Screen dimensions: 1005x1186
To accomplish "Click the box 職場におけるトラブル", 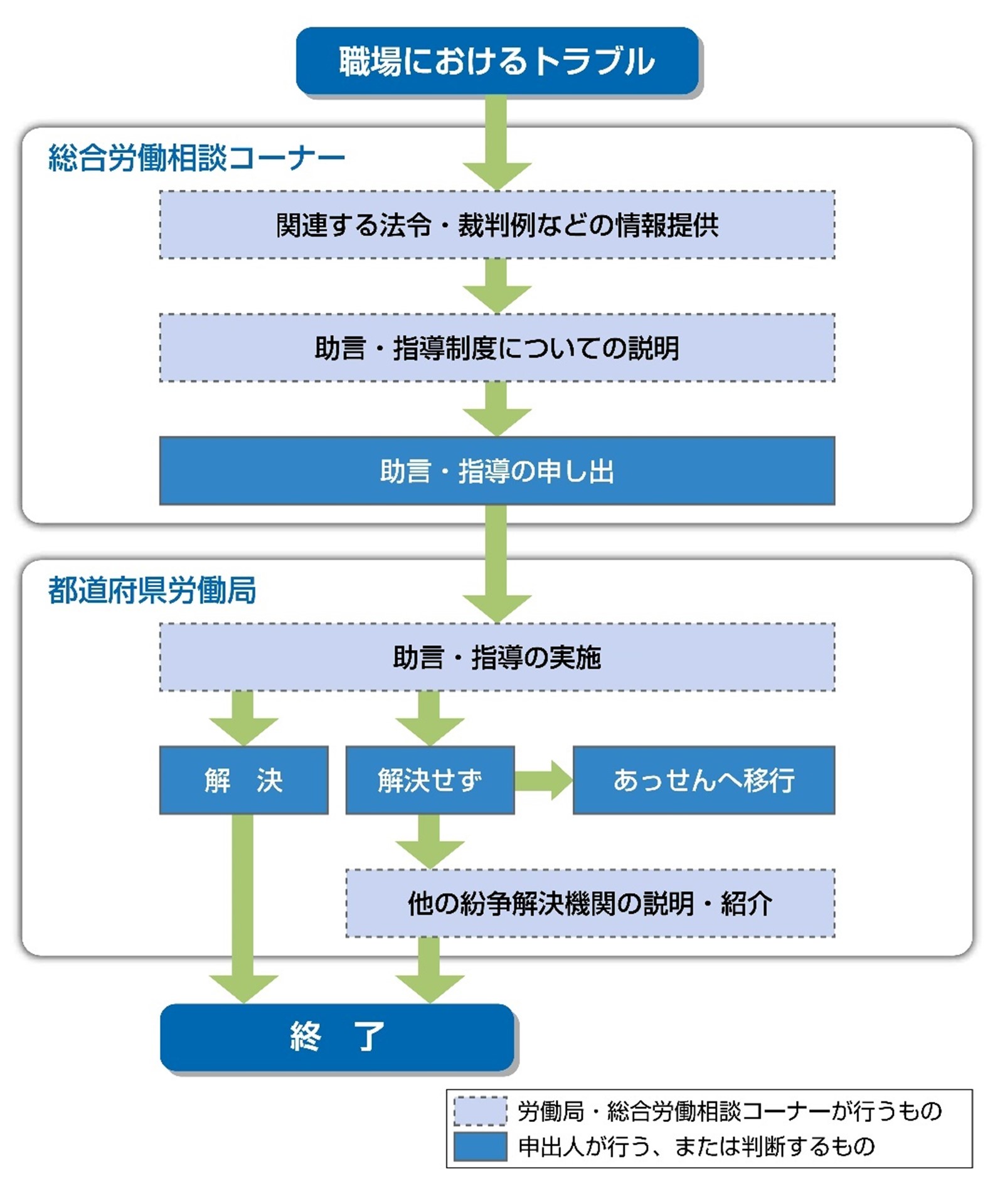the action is coord(497,61).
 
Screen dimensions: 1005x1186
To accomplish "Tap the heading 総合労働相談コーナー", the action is coord(196,158).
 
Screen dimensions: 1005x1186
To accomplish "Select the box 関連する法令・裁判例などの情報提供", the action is coord(497,225).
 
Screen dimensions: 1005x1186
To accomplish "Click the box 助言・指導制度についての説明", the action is coord(497,348).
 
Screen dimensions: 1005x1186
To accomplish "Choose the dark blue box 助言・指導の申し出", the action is coord(497,471).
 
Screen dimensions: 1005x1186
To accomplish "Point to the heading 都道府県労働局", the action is coord(152,590).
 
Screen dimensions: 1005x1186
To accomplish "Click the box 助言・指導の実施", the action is coord(497,657).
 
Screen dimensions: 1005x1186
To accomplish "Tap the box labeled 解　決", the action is coord(243,780).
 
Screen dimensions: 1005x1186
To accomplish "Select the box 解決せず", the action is coord(430,780).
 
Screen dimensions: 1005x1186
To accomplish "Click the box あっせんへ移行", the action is coord(704,780).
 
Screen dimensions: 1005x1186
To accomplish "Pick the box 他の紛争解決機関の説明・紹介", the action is coord(590,904).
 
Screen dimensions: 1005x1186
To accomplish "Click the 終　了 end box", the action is coord(337,1037).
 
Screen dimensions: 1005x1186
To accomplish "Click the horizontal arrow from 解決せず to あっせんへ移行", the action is coord(543,781).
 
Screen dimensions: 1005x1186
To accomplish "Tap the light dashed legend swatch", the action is coord(481,1111).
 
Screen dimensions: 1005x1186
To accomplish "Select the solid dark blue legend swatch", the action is coord(481,1146).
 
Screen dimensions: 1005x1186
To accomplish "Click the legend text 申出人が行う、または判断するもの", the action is coord(696,1146).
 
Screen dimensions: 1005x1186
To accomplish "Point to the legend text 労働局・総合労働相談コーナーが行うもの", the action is coord(730,1111).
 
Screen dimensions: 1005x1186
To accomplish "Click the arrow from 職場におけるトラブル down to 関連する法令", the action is coord(497,143).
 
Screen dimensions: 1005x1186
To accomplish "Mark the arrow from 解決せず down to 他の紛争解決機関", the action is coord(430,842).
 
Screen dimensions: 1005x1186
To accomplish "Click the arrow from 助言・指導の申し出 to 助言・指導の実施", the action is coord(497,564).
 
